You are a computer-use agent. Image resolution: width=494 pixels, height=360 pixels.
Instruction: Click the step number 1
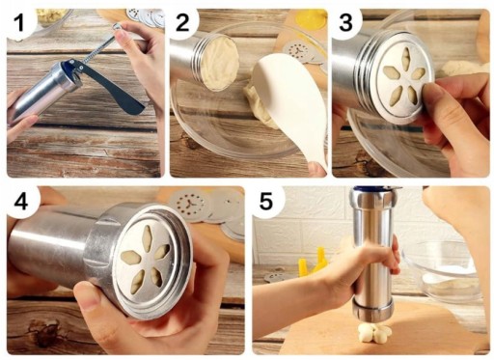pos(19,22)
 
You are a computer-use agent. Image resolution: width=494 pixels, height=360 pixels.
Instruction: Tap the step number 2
pos(182,22)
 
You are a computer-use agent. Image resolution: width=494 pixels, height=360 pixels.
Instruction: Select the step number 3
pos(345,22)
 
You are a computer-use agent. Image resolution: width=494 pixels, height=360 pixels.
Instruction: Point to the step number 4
pos(21,202)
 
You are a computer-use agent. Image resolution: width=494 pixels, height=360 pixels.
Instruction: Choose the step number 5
pos(266,202)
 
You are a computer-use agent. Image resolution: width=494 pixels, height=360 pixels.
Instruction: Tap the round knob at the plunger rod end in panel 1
pos(118,27)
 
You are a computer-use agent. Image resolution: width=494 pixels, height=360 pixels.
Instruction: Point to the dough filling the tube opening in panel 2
pos(220,64)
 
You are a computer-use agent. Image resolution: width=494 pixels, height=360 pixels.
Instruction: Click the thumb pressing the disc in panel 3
pos(432,96)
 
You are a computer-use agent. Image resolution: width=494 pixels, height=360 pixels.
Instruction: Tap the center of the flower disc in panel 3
pos(404,80)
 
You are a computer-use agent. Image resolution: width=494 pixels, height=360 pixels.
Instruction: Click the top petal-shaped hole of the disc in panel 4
pos(148,237)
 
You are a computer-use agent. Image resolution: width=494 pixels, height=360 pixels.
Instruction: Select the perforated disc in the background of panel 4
pos(187,205)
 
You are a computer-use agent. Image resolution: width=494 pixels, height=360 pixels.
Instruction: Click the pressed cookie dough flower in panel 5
pos(374,333)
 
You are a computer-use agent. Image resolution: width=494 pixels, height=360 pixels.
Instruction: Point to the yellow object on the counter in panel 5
pos(312,263)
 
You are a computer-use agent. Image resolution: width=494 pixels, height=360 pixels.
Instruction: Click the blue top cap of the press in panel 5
pos(374,188)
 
